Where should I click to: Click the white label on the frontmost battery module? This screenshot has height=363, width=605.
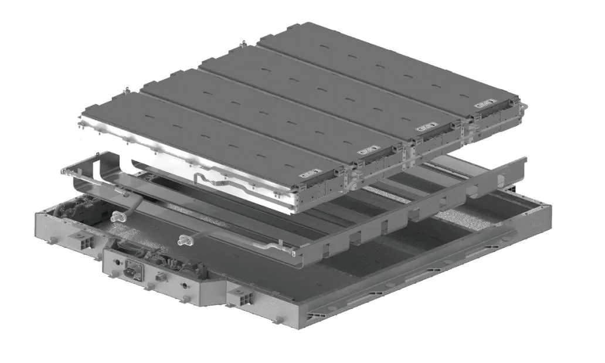(306, 174)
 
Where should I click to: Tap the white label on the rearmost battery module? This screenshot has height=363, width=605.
(484, 104)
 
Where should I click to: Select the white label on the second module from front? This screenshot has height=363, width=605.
(366, 151)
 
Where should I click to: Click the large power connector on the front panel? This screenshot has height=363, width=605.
(132, 274)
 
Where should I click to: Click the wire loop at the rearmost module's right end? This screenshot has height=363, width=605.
(524, 107)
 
